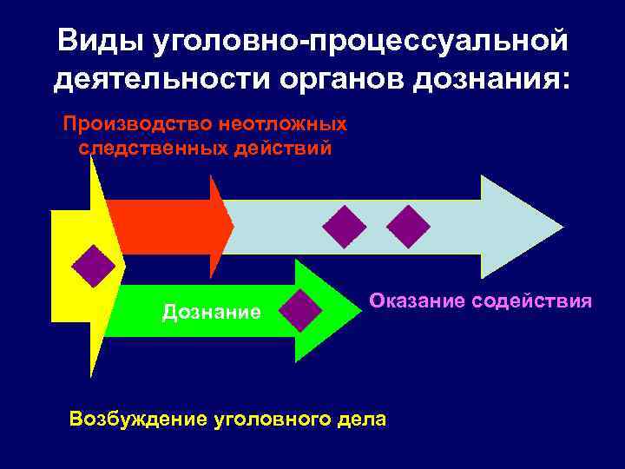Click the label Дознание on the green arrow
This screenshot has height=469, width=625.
pos(211,311)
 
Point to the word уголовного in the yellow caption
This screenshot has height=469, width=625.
pos(273,419)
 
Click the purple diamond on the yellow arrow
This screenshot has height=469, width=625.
pos(94,266)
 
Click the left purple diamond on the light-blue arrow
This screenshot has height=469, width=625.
pos(345,227)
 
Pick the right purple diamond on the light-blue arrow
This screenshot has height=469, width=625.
pos(408,227)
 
